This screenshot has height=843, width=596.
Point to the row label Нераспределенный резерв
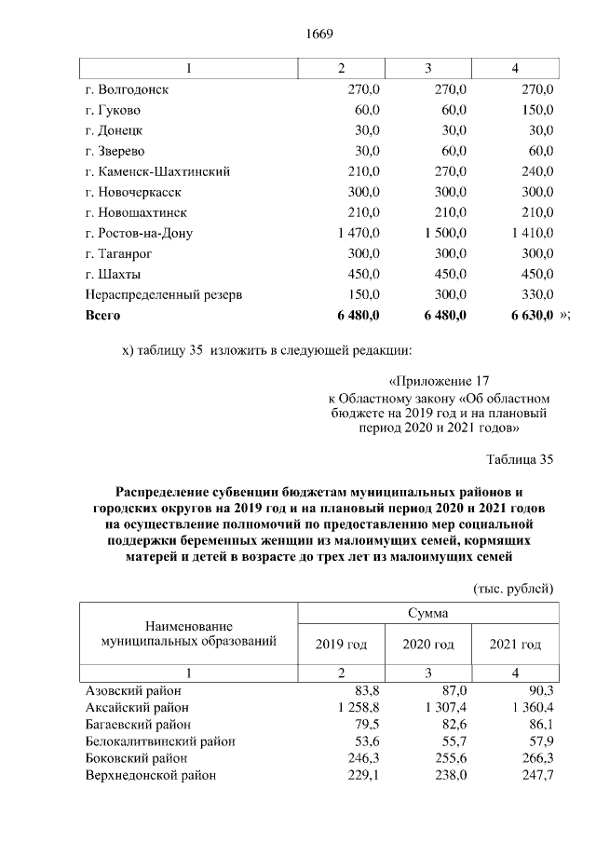pos(164,295)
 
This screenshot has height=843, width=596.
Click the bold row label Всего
pos(103,316)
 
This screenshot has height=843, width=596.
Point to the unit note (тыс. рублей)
pos(514,589)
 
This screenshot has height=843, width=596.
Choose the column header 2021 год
pos(515,645)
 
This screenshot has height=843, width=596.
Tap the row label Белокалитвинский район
pos(160,741)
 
